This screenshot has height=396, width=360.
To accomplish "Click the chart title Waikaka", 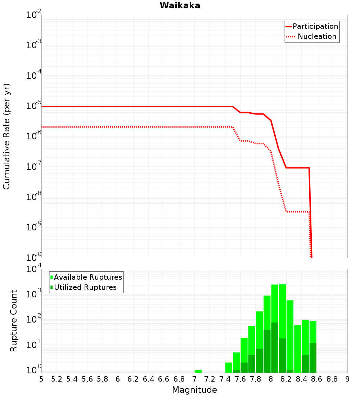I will [x=180, y=5].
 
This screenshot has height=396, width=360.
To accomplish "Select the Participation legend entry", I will [x=315, y=26].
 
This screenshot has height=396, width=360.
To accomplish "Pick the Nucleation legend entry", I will [x=317, y=36].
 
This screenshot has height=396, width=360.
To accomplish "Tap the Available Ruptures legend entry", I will [x=88, y=277].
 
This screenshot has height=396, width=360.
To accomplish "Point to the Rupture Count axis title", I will [x=14, y=320].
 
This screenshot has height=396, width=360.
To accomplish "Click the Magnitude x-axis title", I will [x=194, y=390].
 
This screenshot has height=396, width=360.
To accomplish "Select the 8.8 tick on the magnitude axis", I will [x=332, y=379].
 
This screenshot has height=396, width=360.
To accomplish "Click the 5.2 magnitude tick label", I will [x=57, y=379].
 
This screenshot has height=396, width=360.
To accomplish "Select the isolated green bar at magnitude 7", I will [x=198, y=371].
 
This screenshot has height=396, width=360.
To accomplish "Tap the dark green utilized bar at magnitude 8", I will [x=275, y=347].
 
